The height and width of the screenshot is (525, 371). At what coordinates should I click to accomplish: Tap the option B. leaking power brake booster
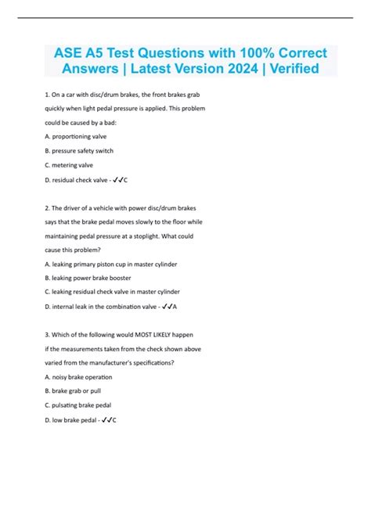click(88, 278)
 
